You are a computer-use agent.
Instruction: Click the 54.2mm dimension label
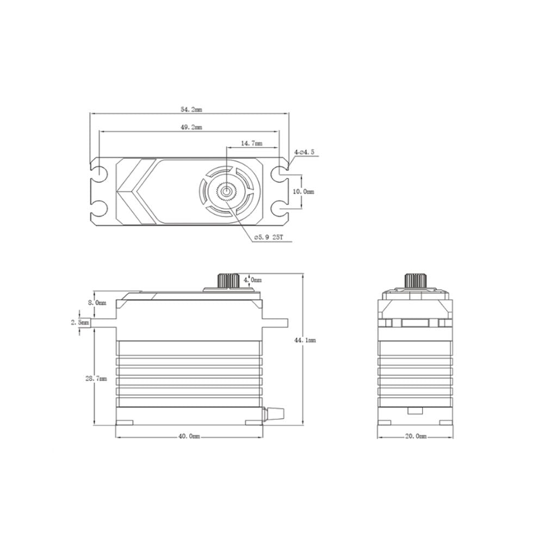pos(191,110)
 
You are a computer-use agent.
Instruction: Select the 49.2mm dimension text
pos(191,128)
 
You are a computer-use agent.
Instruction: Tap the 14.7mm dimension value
pos(251,144)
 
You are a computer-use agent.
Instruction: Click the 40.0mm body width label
pos(189,436)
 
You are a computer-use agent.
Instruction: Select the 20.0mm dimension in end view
pos(416,436)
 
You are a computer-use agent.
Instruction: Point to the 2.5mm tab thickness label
pos(80,323)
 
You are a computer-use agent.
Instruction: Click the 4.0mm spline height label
pos(252,280)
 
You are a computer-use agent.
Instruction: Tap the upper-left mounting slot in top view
pos(100,174)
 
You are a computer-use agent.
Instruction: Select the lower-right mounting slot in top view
pos(280,208)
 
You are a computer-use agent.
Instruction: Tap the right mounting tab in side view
pos(275,321)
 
